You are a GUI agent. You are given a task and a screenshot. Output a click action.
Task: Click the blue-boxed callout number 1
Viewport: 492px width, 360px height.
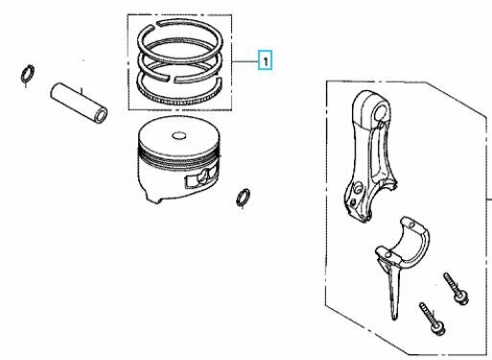click(265, 60)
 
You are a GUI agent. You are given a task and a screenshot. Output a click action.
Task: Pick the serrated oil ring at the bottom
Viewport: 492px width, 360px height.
click(179, 102)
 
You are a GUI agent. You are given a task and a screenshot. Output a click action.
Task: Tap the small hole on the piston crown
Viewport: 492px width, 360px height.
click(178, 135)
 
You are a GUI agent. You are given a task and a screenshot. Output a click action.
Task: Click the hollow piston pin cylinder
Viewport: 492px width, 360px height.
click(79, 103)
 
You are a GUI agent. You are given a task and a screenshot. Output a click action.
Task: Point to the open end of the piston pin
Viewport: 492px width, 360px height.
click(102, 116)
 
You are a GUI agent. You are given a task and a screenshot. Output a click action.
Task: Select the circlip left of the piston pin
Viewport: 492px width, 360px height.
click(28, 75)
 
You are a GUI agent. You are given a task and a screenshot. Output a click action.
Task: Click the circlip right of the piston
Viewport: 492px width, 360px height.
click(243, 197)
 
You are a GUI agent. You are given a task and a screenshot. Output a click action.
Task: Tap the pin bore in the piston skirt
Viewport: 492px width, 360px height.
click(203, 179)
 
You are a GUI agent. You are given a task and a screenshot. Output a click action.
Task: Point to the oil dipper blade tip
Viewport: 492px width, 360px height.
click(395, 317)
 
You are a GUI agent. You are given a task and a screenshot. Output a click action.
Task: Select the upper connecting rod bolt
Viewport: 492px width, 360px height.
click(457, 289)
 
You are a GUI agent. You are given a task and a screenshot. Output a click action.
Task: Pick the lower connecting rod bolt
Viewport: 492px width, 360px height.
click(433, 319)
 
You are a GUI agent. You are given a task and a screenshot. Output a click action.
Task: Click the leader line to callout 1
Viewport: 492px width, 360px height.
click(246, 60)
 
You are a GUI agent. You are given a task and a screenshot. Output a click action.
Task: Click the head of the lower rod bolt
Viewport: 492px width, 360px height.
click(438, 328)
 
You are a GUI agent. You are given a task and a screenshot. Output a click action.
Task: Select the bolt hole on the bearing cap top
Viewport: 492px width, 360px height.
click(411, 226)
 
